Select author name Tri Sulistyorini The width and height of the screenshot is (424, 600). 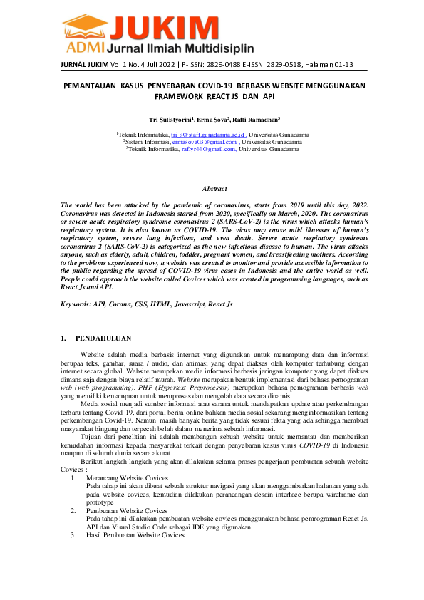172,119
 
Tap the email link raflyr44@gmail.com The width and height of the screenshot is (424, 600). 208,150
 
